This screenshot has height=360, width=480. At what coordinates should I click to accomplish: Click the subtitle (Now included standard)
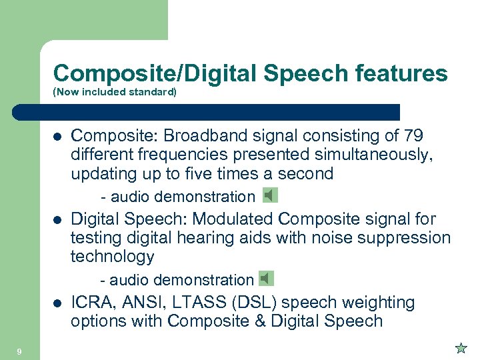tap(115, 92)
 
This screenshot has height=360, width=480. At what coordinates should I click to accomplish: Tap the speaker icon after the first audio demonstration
tap(269, 195)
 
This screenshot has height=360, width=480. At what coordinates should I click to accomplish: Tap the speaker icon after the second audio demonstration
tap(267, 279)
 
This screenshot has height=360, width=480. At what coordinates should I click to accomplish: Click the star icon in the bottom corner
tap(461, 347)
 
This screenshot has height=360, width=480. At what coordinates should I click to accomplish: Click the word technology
tap(112, 257)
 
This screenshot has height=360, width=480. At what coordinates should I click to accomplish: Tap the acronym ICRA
tap(91, 303)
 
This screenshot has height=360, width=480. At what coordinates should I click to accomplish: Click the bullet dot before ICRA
tap(57, 303)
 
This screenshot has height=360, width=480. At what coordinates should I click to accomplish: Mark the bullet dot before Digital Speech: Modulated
tap(57, 220)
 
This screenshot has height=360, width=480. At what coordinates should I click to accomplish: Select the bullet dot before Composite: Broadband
tap(57, 137)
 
